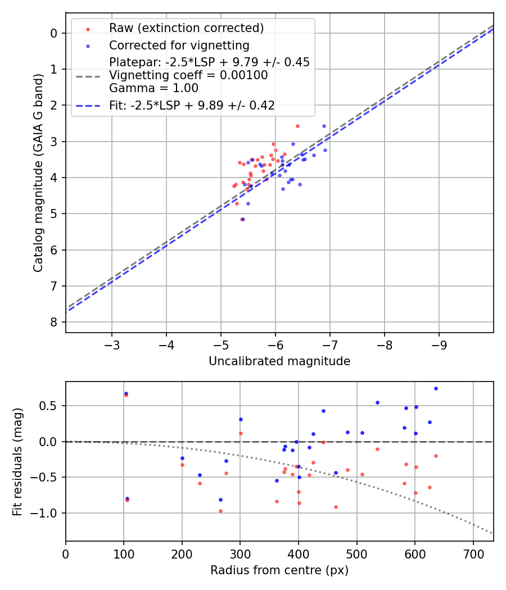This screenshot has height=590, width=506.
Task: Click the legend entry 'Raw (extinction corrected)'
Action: pyautogui.click(x=186, y=28)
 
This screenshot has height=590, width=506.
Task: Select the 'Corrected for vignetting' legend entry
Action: pyautogui.click(x=179, y=45)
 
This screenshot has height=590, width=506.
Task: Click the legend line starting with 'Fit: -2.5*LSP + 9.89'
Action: pyautogui.click(x=192, y=106)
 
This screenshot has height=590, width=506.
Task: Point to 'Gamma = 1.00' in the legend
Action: pyautogui.click(x=153, y=88)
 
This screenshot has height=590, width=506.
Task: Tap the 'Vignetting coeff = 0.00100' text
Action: pyautogui.click(x=188, y=75)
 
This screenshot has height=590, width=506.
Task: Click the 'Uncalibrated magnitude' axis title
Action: pyautogui.click(x=279, y=361)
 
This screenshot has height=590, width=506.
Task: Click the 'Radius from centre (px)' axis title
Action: pyautogui.click(x=279, y=570)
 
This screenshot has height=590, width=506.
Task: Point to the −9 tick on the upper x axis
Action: pyautogui.click(x=439, y=344)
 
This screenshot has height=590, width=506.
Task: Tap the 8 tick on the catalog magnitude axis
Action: pyautogui.click(x=54, y=322)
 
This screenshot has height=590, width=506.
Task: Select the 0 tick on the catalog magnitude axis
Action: pyautogui.click(x=54, y=33)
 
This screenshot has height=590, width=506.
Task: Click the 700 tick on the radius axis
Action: pyautogui.click(x=473, y=553)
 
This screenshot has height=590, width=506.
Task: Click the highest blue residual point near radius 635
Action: pyautogui.click(x=436, y=388)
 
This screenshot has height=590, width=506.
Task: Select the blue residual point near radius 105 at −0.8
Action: pyautogui.click(x=127, y=498)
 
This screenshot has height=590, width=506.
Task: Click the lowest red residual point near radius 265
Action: pyautogui.click(x=220, y=511)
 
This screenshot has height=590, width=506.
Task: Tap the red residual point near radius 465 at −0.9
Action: pyautogui.click(x=336, y=507)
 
